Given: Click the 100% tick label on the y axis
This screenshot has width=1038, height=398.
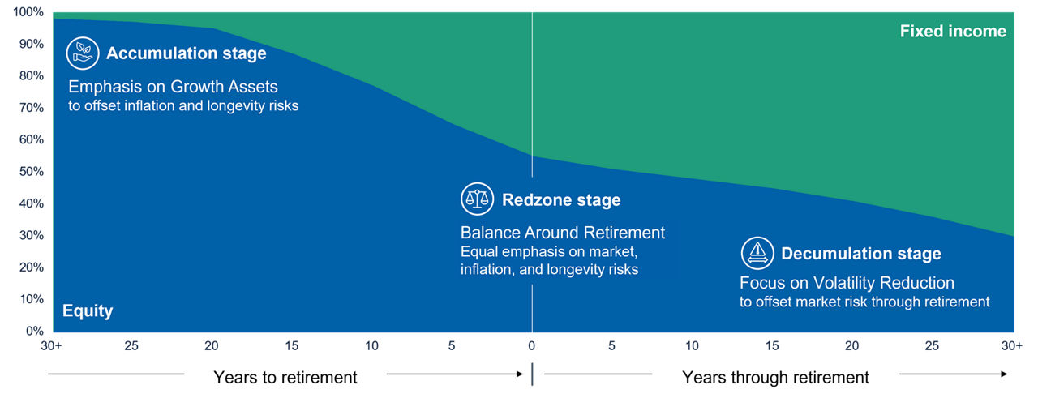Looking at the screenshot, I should (28, 12).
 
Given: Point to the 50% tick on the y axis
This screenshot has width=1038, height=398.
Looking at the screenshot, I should (31, 172).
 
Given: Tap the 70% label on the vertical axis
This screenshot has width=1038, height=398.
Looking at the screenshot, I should (31, 108).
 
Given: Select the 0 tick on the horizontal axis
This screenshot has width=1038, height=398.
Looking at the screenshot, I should (532, 346).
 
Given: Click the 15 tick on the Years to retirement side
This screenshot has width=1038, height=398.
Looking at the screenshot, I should (292, 346).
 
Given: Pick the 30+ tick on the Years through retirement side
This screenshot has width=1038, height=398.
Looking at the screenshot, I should (1010, 346).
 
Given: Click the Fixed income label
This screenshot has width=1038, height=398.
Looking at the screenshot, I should (953, 32).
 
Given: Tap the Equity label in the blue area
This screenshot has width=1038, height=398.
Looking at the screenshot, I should (88, 311).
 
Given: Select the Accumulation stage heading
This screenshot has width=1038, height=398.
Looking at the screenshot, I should (187, 54).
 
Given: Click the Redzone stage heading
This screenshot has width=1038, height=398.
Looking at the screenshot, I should (561, 200).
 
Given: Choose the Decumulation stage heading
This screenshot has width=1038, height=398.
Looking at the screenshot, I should (861, 254).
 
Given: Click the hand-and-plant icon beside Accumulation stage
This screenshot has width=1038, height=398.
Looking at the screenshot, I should (83, 53).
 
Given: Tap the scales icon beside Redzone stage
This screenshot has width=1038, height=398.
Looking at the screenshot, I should (477, 199).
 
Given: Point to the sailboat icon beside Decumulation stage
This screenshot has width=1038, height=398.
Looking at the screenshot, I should (757, 253).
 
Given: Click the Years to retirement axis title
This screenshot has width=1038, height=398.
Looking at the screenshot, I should (285, 377).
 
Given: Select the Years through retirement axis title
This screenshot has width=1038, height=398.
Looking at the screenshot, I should (775, 377).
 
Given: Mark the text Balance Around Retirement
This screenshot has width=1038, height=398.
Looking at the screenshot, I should (563, 233).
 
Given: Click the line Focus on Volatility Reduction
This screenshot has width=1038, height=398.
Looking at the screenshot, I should (847, 283).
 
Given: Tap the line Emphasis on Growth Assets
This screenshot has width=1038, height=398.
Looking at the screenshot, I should (173, 87).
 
